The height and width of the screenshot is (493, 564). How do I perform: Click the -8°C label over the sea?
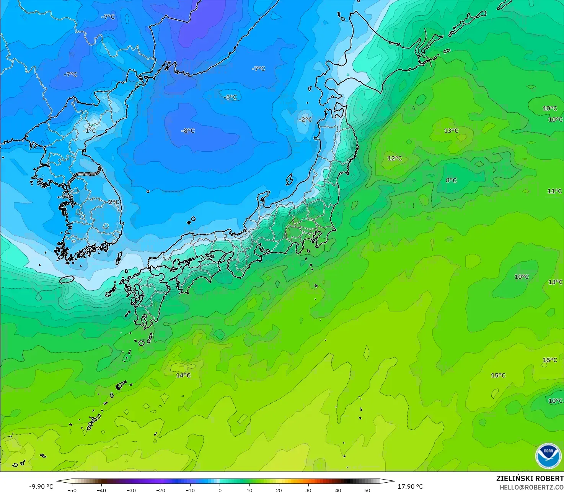click(188, 131)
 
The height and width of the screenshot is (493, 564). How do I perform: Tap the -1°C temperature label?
click(90, 131)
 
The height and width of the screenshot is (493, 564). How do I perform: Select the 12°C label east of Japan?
click(395, 158)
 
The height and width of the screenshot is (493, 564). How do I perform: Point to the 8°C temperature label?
click(451, 180)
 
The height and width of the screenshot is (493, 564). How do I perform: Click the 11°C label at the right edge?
click(554, 191)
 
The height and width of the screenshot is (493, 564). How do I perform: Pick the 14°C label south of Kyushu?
click(183, 375)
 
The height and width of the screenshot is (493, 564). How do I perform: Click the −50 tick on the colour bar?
click(72, 490)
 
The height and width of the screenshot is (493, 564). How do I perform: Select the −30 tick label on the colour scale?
click(131, 490)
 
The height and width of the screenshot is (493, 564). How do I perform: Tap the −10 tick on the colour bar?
click(190, 490)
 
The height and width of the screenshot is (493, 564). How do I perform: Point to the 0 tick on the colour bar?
click(220, 490)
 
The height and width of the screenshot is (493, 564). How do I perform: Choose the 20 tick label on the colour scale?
click(279, 490)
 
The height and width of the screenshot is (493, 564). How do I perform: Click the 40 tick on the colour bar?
click(338, 490)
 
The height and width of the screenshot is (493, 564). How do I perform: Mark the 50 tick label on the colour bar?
click(367, 490)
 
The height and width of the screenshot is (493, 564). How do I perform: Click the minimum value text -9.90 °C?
click(41, 486)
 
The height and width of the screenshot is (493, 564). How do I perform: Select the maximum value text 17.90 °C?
click(410, 486)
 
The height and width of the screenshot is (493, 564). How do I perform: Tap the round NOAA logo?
click(549, 455)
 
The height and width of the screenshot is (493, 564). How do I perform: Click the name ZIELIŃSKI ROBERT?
click(530, 478)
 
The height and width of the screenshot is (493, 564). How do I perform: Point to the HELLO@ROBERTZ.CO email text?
click(531, 487)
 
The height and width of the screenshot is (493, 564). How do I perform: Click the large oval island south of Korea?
click(67, 280)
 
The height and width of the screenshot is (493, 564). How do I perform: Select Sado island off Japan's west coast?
click(290, 179)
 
